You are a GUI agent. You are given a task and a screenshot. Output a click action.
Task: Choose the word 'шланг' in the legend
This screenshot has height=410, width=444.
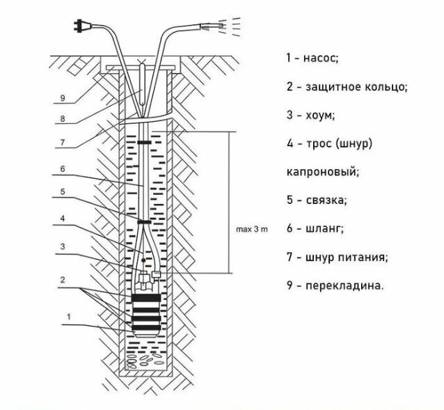point(325,228)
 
